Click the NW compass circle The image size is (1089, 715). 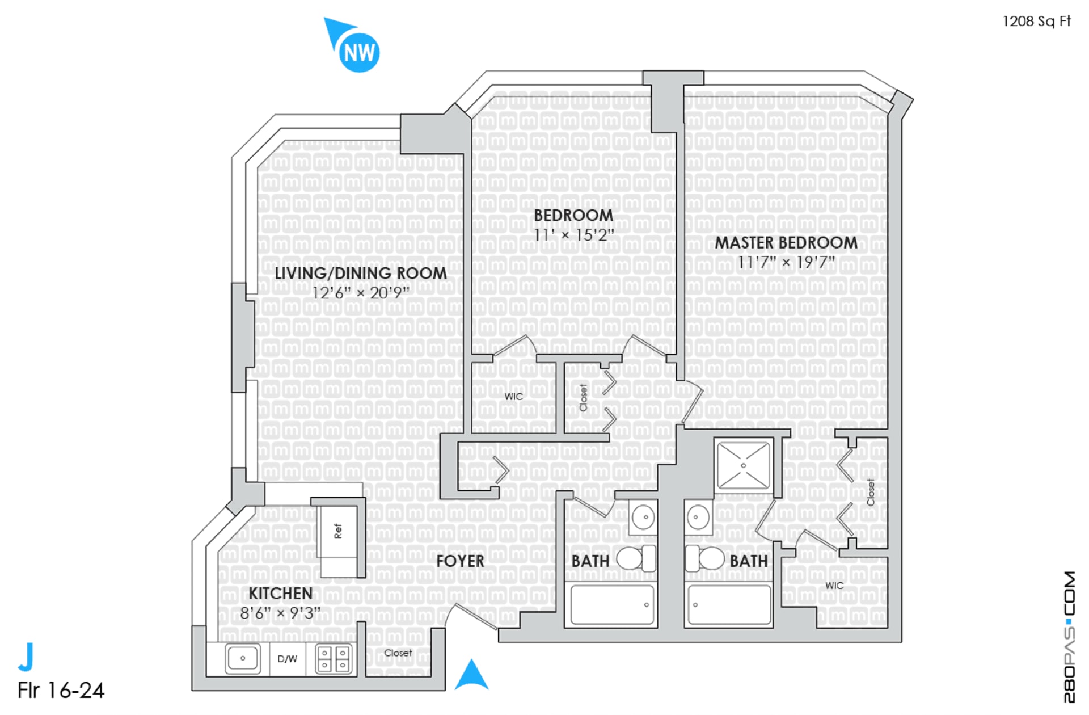[359, 52]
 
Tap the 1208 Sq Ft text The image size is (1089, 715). [1036, 22]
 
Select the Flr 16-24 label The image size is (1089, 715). [61, 691]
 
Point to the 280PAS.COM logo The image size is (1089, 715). [1069, 637]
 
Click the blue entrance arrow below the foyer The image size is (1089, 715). [472, 675]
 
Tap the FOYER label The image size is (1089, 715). [460, 561]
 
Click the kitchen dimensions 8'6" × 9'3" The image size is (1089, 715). [280, 613]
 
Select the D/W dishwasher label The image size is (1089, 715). [287, 659]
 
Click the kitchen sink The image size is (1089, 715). [243, 658]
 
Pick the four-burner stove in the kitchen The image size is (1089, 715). [334, 659]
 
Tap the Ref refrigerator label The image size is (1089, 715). [338, 531]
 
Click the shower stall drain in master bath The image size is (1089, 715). [744, 466]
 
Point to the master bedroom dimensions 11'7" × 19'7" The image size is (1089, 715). [786, 263]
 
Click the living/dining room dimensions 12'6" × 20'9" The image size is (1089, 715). [361, 293]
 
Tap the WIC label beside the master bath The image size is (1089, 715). [834, 586]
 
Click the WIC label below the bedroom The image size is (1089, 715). [514, 397]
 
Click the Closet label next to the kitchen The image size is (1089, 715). [398, 653]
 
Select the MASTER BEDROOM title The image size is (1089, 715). [786, 243]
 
